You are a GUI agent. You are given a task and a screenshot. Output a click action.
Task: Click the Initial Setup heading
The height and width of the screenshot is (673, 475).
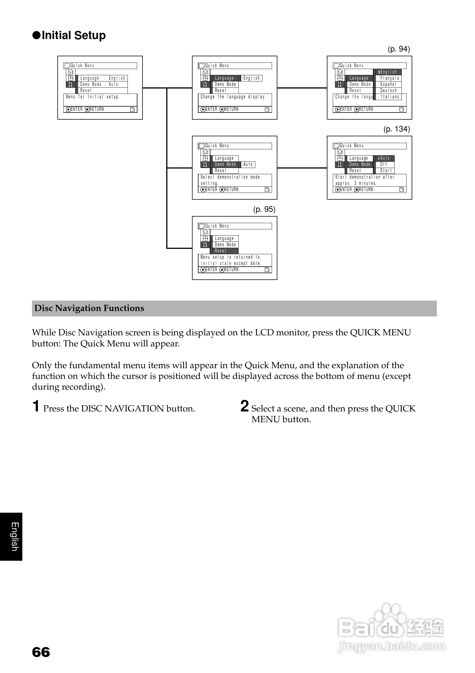pos(73,35)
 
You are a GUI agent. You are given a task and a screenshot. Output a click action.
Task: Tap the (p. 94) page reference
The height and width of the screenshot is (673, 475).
pos(399,49)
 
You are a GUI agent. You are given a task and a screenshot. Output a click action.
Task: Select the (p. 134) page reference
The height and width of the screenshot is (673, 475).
pos(396,129)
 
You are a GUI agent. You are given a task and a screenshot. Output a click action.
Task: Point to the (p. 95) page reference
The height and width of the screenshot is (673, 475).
pos(264,209)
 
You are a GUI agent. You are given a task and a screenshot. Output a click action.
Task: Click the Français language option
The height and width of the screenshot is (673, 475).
pos(389,78)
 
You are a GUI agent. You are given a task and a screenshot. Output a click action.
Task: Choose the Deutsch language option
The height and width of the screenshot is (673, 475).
pos(388,90)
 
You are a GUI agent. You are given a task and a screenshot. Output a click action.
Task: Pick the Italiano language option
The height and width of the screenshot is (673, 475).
pos(390,97)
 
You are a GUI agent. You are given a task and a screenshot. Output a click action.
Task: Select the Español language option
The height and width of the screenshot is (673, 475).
pos(388,85)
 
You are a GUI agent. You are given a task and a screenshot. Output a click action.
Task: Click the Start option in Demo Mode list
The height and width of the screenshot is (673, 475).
pos(386,171)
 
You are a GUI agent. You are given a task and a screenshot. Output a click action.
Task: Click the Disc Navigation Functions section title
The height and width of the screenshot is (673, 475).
pos(89,308)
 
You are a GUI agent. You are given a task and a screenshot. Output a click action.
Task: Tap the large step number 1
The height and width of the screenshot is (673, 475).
pos(36,406)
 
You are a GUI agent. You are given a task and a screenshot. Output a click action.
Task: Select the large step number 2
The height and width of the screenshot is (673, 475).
pos(244,406)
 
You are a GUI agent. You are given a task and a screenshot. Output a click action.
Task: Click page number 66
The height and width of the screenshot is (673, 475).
pos(41,652)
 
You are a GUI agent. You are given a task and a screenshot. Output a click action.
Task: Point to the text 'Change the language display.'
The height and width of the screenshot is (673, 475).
pos(233,97)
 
